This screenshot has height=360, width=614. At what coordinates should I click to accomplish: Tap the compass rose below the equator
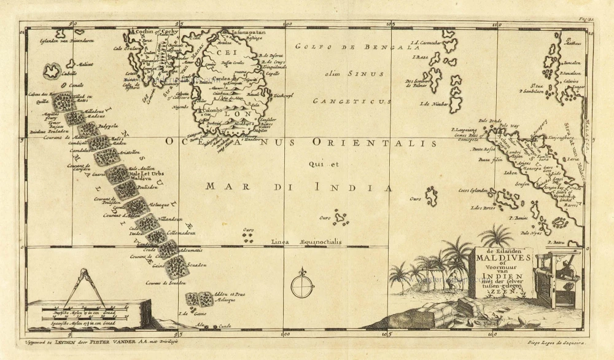coord(302,285)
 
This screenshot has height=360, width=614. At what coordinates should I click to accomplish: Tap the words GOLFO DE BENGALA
coord(348,47)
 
